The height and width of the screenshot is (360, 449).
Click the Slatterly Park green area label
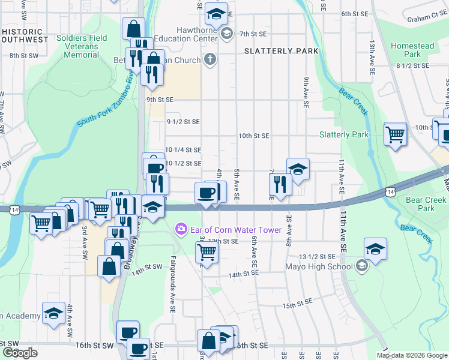pyautogui.click(x=344, y=135)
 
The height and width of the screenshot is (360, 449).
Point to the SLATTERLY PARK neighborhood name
pyautogui.click(x=282, y=51)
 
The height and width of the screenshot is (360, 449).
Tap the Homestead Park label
pyautogui.click(x=412, y=50)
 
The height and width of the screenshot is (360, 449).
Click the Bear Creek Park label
pyautogui.click(x=426, y=204)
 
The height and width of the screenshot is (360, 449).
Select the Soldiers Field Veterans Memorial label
pyautogui.click(x=82, y=46)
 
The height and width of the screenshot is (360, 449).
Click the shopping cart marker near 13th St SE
pyautogui.click(x=206, y=254)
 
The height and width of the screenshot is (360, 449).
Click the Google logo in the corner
pyautogui.click(x=20, y=353)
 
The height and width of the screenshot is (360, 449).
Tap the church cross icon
pyautogui.click(x=209, y=59)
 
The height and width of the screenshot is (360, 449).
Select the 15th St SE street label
pyautogui.click(x=298, y=304)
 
